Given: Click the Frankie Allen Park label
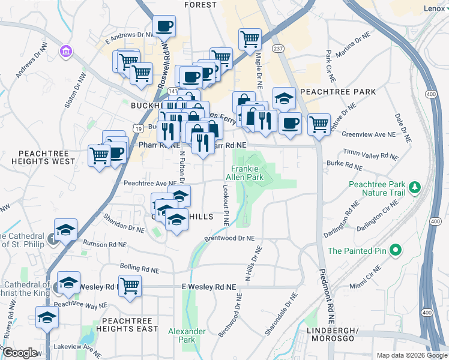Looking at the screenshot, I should point(245,173).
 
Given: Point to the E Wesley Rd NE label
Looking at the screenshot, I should point(209,288).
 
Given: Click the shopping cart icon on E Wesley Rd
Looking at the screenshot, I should point(130,286).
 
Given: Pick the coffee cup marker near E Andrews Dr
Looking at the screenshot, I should point(164,26).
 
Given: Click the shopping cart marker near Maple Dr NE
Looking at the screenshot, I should point(250,39).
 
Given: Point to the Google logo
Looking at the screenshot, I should point(20,353).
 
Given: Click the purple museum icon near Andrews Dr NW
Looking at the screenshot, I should point(65,52).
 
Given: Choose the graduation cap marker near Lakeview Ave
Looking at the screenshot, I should point(46,317).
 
